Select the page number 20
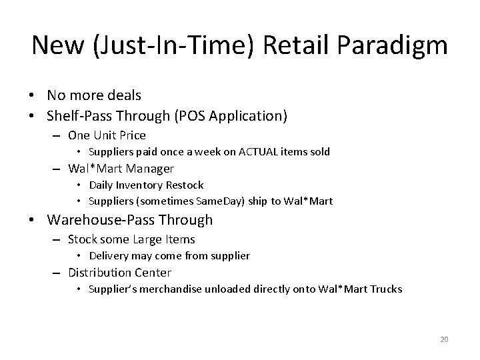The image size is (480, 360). pos(444,339)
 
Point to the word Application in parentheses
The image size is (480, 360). pos(248,116)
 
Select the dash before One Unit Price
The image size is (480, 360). pos(56,136)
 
